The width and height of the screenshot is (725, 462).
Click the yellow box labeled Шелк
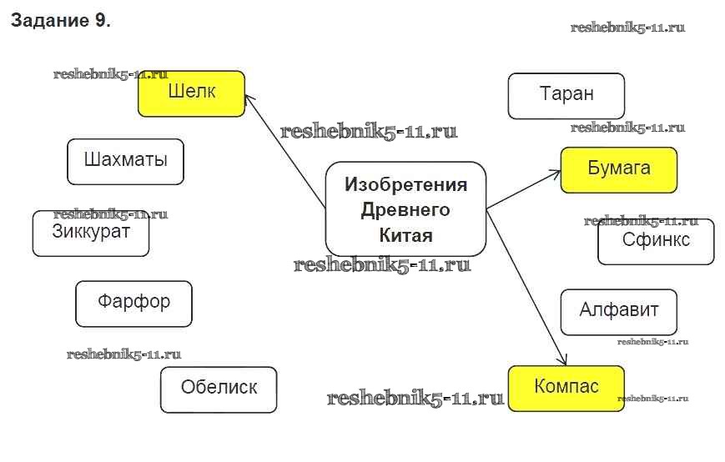tap(191, 93)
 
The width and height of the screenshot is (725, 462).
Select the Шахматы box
tap(125, 161)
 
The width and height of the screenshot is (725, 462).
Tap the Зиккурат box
tap(91, 233)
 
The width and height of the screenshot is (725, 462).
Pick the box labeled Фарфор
tap(133, 304)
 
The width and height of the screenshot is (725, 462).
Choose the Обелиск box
tap(219, 389)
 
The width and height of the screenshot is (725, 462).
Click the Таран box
tap(566, 95)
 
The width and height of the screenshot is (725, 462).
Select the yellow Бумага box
tap(619, 169)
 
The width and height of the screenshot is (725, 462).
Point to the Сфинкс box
tap(656, 241)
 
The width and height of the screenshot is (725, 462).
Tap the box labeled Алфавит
tap(619, 312)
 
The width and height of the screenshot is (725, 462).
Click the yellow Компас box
tap(566, 388)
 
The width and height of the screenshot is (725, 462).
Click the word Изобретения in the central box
tap(406, 184)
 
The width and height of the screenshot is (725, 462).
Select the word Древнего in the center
tap(405, 209)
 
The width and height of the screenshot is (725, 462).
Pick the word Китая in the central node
tap(406, 235)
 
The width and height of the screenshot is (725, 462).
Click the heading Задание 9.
tap(60, 22)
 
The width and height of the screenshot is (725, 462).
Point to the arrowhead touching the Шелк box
tap(249, 99)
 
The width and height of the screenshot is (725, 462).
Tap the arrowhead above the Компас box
tap(562, 361)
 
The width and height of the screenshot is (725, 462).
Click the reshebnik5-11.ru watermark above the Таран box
tap(627, 28)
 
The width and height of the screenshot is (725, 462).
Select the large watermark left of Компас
tap(415, 399)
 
